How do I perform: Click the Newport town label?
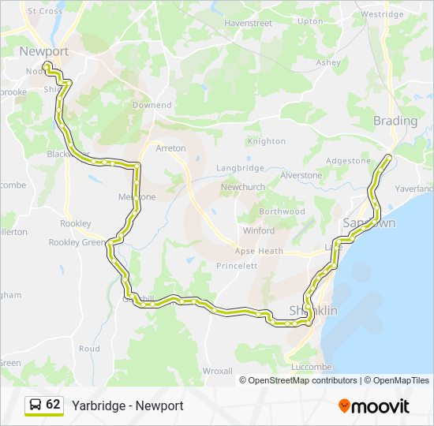click(44, 51)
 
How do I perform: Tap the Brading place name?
click(395, 121)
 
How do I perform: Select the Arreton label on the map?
click(170, 148)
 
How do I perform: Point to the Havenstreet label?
click(248, 23)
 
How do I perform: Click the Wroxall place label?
click(217, 370)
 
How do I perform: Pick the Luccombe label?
click(311, 367)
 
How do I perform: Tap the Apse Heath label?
click(259, 251)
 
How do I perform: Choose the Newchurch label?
click(242, 186)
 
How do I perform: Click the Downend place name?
click(152, 105)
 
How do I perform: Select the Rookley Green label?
click(77, 242)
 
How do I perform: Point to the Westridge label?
click(382, 14)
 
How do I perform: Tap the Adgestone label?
click(348, 160)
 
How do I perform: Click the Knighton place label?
click(266, 141)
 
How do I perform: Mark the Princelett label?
click(237, 266)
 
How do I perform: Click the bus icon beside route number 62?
click(36, 405)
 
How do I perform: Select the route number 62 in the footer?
click(53, 405)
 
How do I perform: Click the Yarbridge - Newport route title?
click(128, 405)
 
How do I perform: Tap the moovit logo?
click(374, 406)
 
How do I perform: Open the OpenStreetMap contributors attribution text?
click(303, 380)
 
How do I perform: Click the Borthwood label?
click(282, 211)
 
